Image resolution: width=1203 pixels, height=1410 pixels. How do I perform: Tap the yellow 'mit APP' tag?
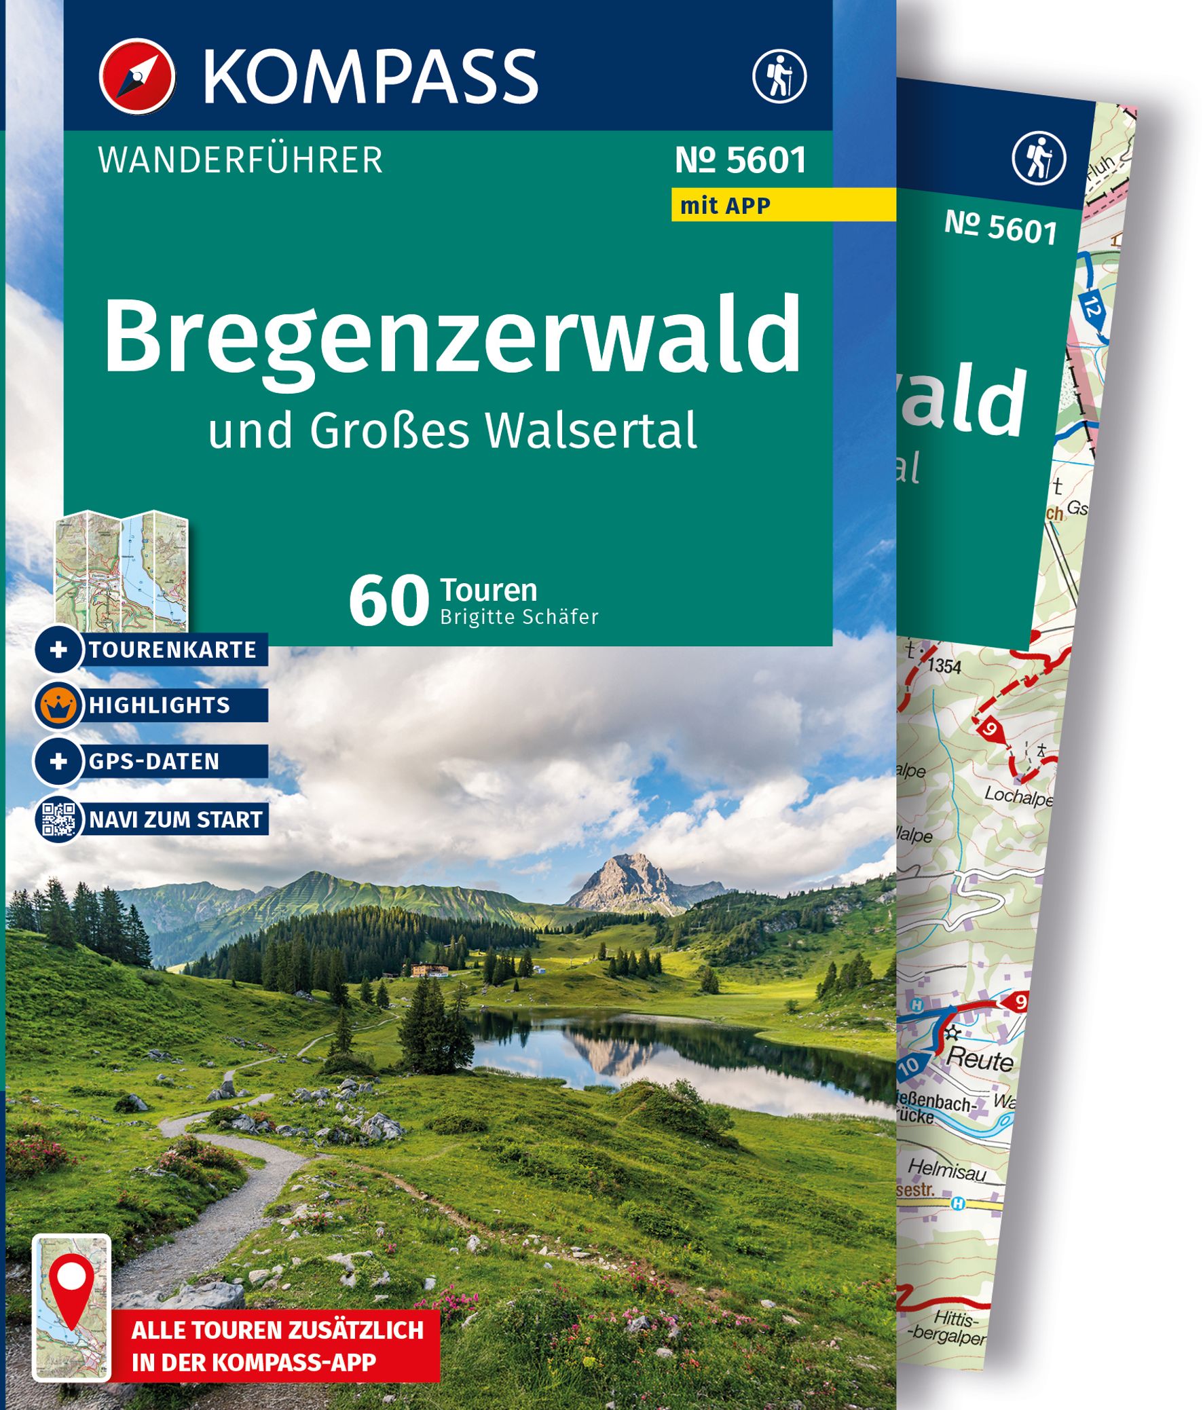[725, 205]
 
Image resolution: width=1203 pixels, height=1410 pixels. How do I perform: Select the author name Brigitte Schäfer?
[519, 617]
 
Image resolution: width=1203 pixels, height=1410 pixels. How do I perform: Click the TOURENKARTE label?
[173, 650]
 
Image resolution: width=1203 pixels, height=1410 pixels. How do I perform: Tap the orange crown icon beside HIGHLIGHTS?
[58, 706]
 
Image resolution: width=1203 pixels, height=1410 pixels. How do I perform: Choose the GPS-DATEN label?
[155, 761]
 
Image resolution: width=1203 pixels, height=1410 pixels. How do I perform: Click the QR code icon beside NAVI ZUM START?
[58, 819]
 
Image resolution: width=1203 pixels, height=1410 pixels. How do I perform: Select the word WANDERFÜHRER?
[241, 161]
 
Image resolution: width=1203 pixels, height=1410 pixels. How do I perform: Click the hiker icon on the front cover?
[779, 75]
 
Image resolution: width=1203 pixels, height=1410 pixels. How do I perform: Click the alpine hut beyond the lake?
[428, 968]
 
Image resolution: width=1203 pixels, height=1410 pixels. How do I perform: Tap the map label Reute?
[980, 1060]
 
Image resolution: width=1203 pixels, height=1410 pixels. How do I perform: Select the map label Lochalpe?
[1018, 795]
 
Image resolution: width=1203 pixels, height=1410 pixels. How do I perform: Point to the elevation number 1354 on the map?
[944, 665]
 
